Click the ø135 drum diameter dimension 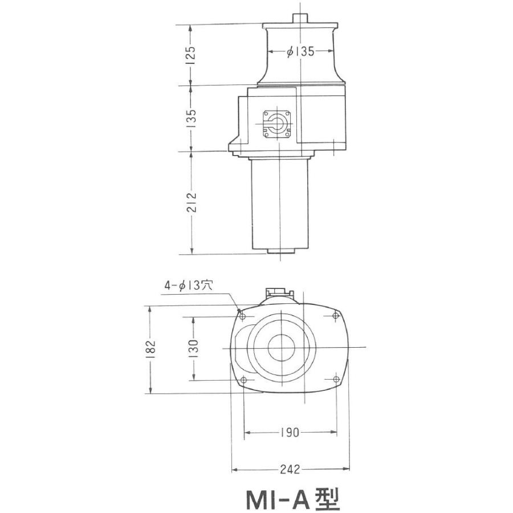click(300, 52)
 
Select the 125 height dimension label click(192, 55)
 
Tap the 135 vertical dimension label click(192, 119)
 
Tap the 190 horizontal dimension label click(290, 433)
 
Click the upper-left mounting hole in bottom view click(243, 316)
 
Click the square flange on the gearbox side click(278, 124)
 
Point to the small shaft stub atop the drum click(299, 18)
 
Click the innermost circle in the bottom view click(282, 347)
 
